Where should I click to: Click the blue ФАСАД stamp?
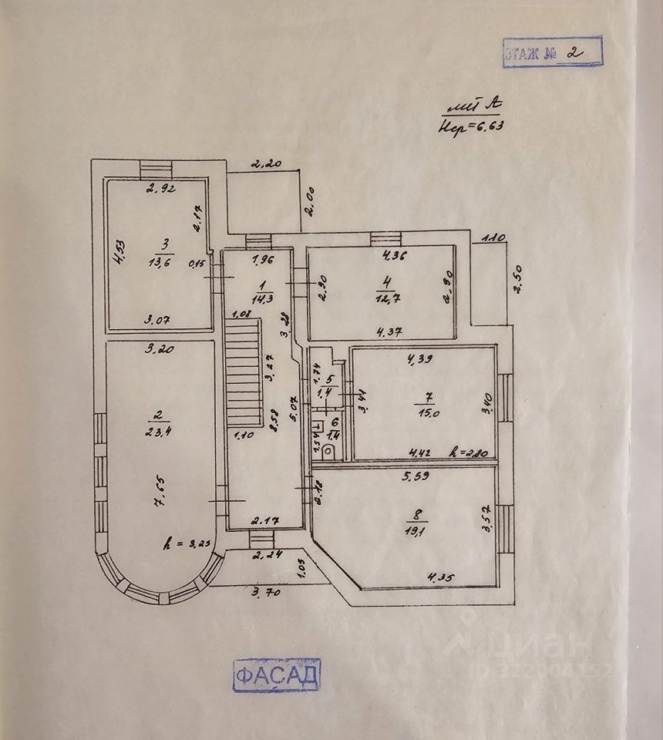pos(276,675)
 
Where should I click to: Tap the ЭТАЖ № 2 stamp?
pos(551,52)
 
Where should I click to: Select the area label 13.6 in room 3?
pos(163,260)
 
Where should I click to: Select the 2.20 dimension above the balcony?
pos(265,163)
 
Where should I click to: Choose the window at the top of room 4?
pos(382,238)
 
